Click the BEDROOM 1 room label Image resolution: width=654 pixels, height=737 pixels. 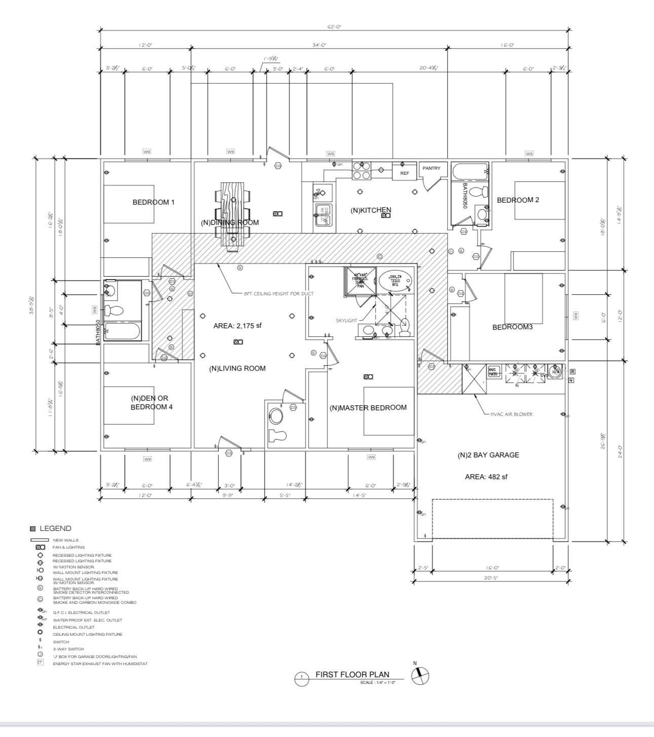click(x=153, y=202)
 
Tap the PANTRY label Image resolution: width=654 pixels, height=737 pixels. click(x=431, y=168)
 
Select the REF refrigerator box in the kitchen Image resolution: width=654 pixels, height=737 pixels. click(x=405, y=173)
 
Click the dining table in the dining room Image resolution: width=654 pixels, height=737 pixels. click(x=233, y=215)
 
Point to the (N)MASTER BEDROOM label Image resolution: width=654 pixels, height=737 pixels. click(x=368, y=408)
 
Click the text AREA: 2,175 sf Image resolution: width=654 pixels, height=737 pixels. click(x=237, y=326)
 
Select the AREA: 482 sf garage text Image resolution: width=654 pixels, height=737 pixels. click(x=486, y=477)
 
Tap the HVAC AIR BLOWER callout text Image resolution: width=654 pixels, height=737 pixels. click(x=511, y=414)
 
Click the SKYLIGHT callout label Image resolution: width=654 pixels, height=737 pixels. click(x=346, y=321)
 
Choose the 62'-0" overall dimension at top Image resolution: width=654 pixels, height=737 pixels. click(x=334, y=27)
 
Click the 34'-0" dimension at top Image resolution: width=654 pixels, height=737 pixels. click(x=319, y=45)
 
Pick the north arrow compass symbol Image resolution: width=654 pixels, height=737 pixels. click(x=420, y=676)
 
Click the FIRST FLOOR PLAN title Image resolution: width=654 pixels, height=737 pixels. click(x=352, y=675)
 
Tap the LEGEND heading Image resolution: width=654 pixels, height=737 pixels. click(x=55, y=528)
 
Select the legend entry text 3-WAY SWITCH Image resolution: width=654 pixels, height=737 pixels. click(x=68, y=649)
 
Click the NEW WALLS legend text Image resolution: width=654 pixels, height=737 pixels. click(x=66, y=540)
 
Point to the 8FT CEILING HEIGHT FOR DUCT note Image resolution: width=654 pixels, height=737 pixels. click(x=278, y=293)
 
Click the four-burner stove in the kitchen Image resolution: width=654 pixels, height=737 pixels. click(x=361, y=171)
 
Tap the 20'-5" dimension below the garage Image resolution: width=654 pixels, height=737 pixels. click(x=491, y=577)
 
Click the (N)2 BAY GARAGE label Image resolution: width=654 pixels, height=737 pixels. click(x=488, y=455)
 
